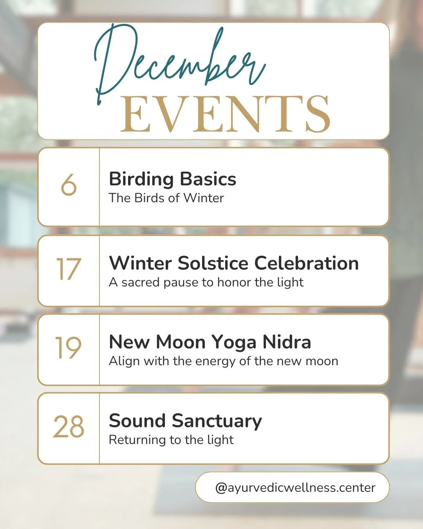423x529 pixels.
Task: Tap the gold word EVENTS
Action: [x=225, y=114]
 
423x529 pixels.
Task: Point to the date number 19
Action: [x=68, y=348]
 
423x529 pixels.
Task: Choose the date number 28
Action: [x=69, y=427]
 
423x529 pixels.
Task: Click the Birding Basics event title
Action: [x=172, y=179]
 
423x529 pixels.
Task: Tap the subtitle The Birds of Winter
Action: [x=166, y=198]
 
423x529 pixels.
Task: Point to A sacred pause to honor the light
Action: [x=206, y=282]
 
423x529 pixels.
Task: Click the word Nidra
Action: [x=287, y=342]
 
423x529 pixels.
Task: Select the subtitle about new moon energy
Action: [x=223, y=361]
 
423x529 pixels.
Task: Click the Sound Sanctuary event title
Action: [x=185, y=421]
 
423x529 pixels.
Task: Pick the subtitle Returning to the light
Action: [x=171, y=440]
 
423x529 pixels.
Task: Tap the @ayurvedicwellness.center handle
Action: [x=295, y=487]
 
